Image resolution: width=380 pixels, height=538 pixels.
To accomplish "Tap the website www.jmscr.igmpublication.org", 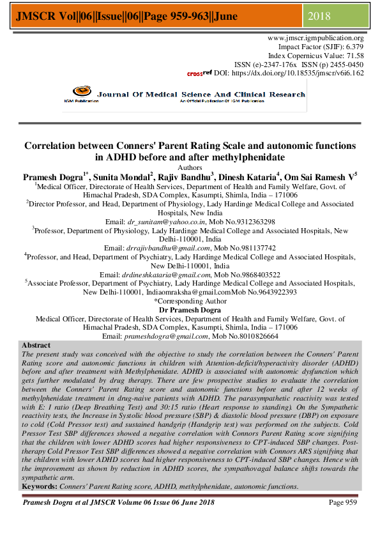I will (x=315, y=38).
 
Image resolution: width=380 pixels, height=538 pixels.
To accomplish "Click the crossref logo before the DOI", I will (x=199, y=73).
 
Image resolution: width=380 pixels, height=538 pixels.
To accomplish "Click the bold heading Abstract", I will (x=36, y=345).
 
